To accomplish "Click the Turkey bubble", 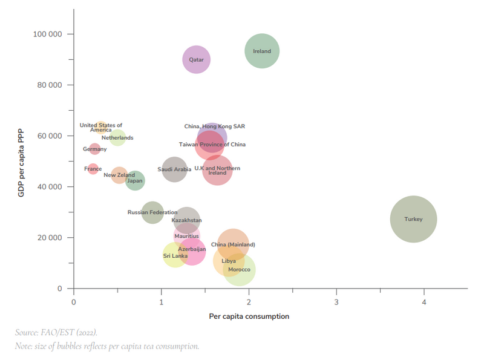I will [413, 219].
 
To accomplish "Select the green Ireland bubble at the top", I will [262, 51].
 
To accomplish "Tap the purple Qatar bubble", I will [197, 60].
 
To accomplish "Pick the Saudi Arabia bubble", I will [174, 169].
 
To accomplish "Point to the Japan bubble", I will [135, 180].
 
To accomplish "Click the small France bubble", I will [93, 169].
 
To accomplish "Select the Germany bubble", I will [95, 149].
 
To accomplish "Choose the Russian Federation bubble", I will [153, 212].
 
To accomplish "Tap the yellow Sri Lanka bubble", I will [175, 256].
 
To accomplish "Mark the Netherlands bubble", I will [118, 138].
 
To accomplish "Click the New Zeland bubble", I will [119, 175].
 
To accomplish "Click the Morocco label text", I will [239, 269].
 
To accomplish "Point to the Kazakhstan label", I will [186, 220].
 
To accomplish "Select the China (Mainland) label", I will [233, 244].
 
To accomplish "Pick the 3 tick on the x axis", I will [336, 301].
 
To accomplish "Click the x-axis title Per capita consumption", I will [249, 316].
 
